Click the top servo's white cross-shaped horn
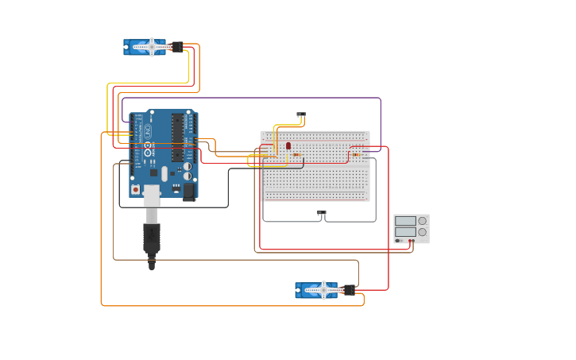coord(151,47)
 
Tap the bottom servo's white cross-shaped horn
coord(323,290)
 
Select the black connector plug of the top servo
coord(177,47)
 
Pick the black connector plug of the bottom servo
coord(349,290)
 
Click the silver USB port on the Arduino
coord(151,196)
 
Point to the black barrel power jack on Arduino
coord(189,192)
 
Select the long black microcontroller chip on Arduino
coord(178,138)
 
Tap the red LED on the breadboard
coord(288,146)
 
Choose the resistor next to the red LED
coord(296,155)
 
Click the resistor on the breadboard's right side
coord(356,154)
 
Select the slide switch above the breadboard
coord(301,114)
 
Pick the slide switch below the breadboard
coord(322,213)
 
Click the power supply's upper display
coord(405,221)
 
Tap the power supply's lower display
coord(405,232)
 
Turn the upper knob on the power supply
coord(423,221)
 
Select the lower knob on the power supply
coord(423,232)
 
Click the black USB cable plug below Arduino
coord(151,238)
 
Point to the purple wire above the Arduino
coord(254,98)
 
